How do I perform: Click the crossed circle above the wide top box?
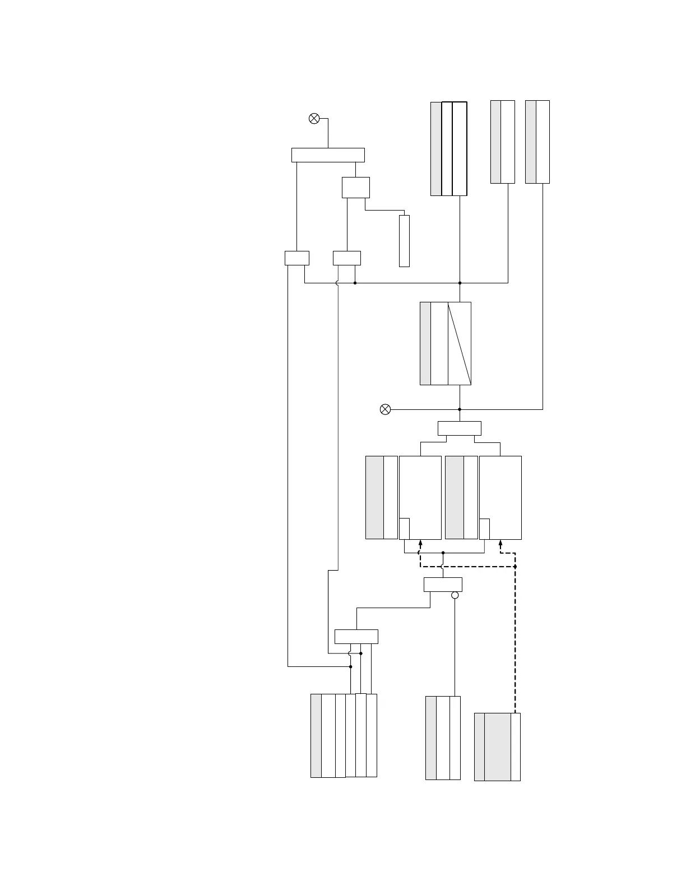[314, 118]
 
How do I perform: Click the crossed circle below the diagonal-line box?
[385, 409]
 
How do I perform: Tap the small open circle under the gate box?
[455, 595]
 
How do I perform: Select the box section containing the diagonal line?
[460, 343]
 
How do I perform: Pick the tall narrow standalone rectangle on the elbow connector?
[404, 241]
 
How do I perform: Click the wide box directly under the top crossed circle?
[328, 155]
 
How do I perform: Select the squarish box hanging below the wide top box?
[356, 188]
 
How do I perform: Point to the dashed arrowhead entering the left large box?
[420, 543]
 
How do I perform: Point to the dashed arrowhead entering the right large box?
[500, 543]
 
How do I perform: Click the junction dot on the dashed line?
[515, 567]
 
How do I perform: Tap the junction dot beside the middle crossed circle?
[460, 409]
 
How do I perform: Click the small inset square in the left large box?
[404, 529]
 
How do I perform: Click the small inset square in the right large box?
[485, 529]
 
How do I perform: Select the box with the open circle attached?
[443, 585]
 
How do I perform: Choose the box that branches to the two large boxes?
[459, 428]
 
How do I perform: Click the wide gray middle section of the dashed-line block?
[498, 746]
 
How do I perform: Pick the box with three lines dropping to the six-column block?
[356, 637]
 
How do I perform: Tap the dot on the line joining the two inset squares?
[443, 553]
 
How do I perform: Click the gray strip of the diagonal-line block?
[425, 343]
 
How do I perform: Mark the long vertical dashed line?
[515, 644]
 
